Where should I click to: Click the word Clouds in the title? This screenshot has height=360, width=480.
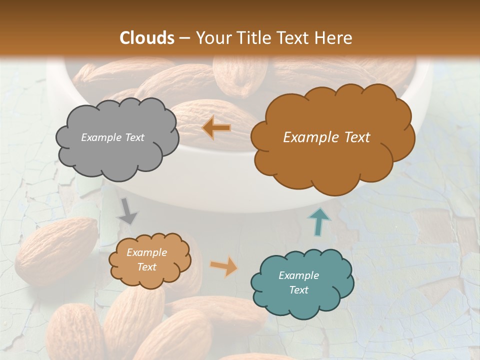pyautogui.click(x=147, y=38)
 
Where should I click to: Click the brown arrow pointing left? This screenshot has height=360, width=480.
pyautogui.click(x=216, y=128)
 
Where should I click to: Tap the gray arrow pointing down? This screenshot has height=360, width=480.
pyautogui.click(x=128, y=210)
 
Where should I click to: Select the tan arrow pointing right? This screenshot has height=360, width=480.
pyautogui.click(x=224, y=266)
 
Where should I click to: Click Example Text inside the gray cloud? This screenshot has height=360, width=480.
pyautogui.click(x=112, y=137)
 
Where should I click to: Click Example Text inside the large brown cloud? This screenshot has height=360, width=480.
pyautogui.click(x=326, y=137)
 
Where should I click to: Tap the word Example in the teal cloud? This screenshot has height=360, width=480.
pyautogui.click(x=298, y=275)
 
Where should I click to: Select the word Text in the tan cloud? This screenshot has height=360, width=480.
pyautogui.click(x=146, y=267)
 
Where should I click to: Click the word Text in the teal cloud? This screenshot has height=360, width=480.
pyautogui.click(x=298, y=290)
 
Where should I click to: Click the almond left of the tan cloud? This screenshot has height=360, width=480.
pyautogui.click(x=55, y=250)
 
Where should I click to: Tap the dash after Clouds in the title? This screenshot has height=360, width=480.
pyautogui.click(x=184, y=38)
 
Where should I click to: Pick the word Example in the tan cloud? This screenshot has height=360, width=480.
pyautogui.click(x=146, y=253)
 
